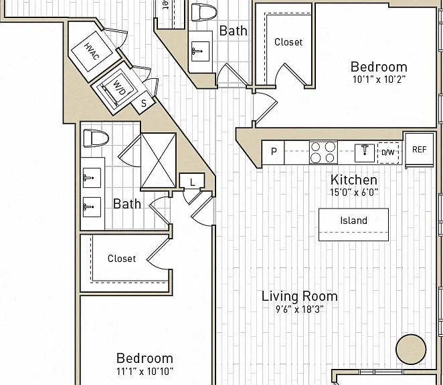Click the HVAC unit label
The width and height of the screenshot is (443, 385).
[x=92, y=51]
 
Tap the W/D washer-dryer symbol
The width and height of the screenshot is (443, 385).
[x=116, y=89]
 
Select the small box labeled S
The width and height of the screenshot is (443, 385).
[x=143, y=103]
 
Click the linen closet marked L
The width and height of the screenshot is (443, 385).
[x=192, y=180]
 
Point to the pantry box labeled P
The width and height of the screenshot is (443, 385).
[x=273, y=152]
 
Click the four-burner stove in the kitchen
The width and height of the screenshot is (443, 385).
[x=323, y=152]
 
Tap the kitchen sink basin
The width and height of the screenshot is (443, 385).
[x=365, y=153]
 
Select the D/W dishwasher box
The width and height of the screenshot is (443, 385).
[x=388, y=152]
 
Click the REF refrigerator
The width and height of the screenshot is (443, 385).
[x=420, y=150]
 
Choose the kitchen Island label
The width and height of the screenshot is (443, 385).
[x=354, y=221]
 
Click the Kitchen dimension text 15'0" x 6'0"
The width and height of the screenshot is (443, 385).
[x=354, y=192]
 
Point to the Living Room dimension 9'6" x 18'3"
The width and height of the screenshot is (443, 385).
[x=300, y=309]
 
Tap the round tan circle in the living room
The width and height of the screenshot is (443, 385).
[x=411, y=350]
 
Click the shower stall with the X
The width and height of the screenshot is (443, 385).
[x=159, y=160]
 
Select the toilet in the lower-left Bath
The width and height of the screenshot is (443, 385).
[x=96, y=138]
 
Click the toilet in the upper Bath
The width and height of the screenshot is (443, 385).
[x=204, y=12]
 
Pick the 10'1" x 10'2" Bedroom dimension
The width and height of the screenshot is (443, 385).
[x=379, y=80]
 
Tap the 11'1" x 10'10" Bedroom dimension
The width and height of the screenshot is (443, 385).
[x=145, y=371]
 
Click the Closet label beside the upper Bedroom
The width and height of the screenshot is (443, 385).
[x=288, y=42]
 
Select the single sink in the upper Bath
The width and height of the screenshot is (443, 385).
[x=200, y=51]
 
